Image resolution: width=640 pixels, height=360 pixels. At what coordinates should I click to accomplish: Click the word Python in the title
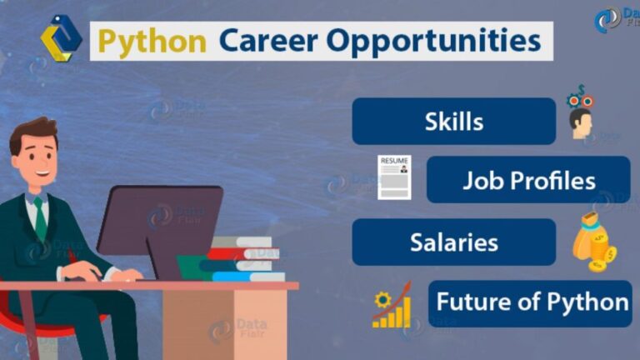pyautogui.click(x=152, y=40)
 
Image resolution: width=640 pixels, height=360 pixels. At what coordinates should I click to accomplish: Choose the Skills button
pyautogui.click(x=453, y=121)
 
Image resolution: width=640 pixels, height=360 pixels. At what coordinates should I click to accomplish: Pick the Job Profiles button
pyautogui.click(x=528, y=180)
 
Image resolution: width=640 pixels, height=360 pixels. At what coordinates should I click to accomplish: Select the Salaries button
pyautogui.click(x=453, y=242)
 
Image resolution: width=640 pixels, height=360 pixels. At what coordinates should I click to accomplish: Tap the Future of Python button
pyautogui.click(x=532, y=302)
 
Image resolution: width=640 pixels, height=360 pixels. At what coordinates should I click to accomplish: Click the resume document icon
pyautogui.click(x=394, y=177)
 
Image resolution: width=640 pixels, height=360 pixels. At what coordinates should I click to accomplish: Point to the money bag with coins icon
pyautogui.click(x=593, y=242)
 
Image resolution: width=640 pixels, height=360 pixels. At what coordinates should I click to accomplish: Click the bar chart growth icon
pyautogui.click(x=392, y=306)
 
